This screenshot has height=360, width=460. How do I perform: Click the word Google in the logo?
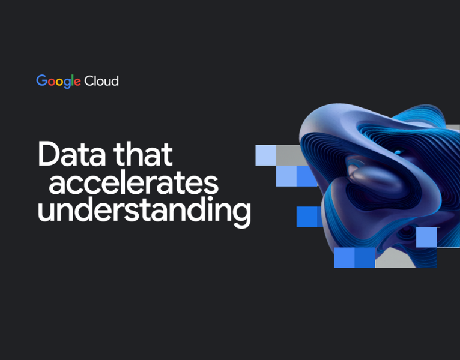point(59,81)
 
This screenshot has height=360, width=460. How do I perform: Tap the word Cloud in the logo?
point(101,80)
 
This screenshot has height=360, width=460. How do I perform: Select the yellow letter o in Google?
point(61,82)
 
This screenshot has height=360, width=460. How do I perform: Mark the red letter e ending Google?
point(78,82)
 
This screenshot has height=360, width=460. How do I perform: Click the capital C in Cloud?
point(89,80)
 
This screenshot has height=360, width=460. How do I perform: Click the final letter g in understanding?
point(241,215)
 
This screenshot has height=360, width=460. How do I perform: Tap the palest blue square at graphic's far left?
point(265,155)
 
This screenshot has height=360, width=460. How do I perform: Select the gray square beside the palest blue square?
point(287,155)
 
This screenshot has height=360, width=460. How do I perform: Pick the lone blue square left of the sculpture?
point(307,217)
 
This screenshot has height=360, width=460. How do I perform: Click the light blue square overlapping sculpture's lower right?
point(426,237)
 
